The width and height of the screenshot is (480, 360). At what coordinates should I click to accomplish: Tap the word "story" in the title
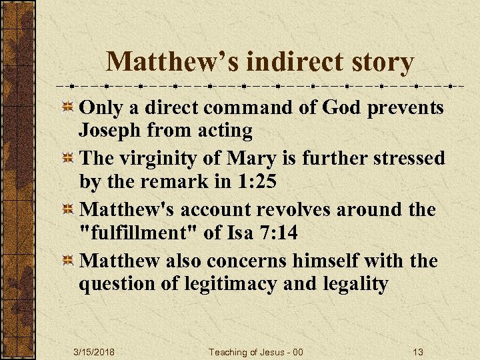[x=383, y=62]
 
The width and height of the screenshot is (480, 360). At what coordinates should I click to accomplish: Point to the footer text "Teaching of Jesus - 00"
[x=256, y=351]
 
